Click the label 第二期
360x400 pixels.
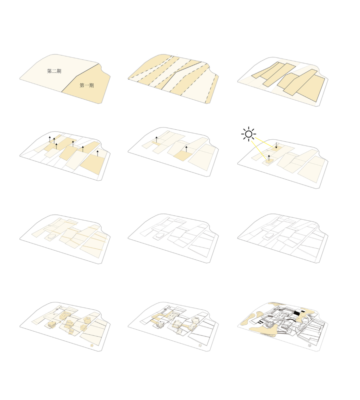[x=54, y=71]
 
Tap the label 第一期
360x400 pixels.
[x=86, y=85]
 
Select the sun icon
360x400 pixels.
[x=248, y=134]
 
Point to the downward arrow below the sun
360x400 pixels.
[x=276, y=145]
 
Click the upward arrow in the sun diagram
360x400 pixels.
[x=269, y=158]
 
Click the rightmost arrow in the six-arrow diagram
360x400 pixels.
[x=97, y=153]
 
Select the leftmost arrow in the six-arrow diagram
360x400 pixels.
[x=50, y=139]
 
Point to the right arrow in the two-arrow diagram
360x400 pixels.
[x=186, y=149]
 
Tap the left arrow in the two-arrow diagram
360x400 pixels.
[x=156, y=140]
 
